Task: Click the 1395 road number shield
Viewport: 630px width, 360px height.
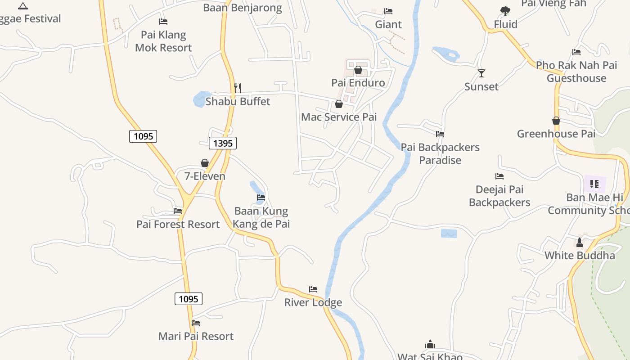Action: (223, 143)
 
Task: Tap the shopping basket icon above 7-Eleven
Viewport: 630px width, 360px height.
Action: (205, 163)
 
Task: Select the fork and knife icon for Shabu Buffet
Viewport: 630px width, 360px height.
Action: (238, 88)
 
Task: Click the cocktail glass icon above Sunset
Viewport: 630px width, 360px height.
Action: (481, 73)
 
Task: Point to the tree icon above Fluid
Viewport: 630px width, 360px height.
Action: (505, 11)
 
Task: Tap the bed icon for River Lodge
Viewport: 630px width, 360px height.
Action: (313, 289)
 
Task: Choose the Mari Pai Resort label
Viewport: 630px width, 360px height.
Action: (196, 336)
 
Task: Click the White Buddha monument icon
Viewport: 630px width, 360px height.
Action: (580, 243)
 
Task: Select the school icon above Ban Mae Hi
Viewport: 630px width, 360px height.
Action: (594, 184)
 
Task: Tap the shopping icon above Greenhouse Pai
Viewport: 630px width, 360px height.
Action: (556, 121)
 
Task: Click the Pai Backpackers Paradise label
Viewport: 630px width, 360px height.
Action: (440, 153)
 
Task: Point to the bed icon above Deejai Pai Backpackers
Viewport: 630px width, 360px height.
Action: (499, 176)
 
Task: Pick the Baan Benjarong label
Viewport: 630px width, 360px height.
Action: (242, 8)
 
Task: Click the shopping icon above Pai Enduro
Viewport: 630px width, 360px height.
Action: (358, 70)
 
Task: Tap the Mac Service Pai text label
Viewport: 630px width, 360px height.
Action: (339, 117)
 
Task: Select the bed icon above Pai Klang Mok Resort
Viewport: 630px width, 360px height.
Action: (163, 22)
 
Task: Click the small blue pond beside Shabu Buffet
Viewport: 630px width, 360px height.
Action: (199, 99)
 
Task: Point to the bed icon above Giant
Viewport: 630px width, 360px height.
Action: (388, 11)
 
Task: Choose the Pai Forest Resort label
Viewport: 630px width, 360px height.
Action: (178, 224)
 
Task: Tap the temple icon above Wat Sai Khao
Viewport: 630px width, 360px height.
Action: (430, 345)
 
